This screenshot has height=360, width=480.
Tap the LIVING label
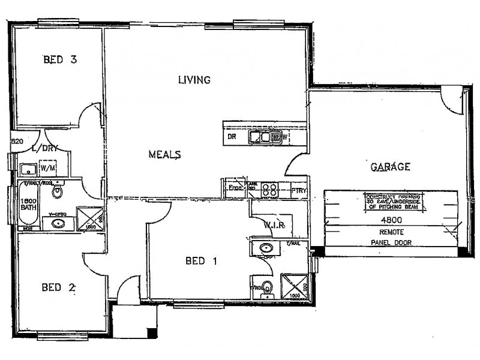tap(194, 80)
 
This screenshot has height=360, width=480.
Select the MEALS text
tap(165, 155)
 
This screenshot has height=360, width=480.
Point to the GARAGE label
tap(390, 167)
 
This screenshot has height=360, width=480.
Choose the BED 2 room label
tap(58, 287)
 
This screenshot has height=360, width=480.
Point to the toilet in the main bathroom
tap(58, 192)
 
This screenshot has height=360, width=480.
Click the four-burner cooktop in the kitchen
tap(270, 190)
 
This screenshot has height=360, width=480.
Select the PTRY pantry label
tap(299, 191)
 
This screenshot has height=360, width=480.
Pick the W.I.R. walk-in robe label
tap(273, 226)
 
